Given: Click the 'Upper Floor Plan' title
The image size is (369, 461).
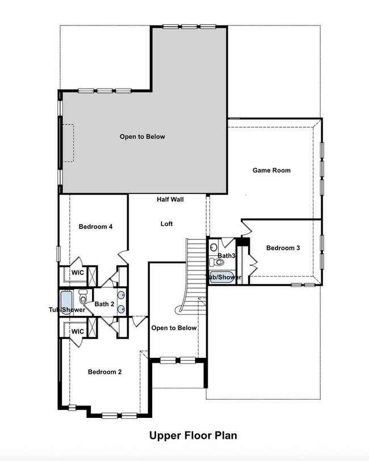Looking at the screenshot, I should [193, 435].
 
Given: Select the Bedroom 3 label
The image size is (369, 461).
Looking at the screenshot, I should [283, 248].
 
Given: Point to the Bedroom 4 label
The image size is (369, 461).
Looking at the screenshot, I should [95, 227].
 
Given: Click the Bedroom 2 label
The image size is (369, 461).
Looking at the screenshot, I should [105, 372].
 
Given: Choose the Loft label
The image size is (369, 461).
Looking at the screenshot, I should [166, 224].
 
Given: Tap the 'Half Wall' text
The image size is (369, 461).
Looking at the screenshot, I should [170, 200].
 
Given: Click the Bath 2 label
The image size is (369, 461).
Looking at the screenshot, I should [104, 304].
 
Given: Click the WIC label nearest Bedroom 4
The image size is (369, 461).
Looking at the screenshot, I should [77, 273].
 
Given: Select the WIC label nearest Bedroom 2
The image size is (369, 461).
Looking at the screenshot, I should [77, 331].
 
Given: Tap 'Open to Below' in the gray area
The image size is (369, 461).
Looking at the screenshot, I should [142, 137].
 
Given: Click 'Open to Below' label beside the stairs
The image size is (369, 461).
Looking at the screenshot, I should [174, 328].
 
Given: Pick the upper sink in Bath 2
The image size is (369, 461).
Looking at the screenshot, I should [121, 294].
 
